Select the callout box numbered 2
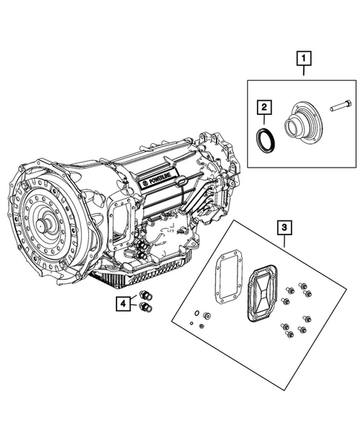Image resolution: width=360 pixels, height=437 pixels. coord(263,108)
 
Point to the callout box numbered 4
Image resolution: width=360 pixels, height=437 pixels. coord(122,303)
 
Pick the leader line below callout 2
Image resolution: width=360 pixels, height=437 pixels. coord(263,121)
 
